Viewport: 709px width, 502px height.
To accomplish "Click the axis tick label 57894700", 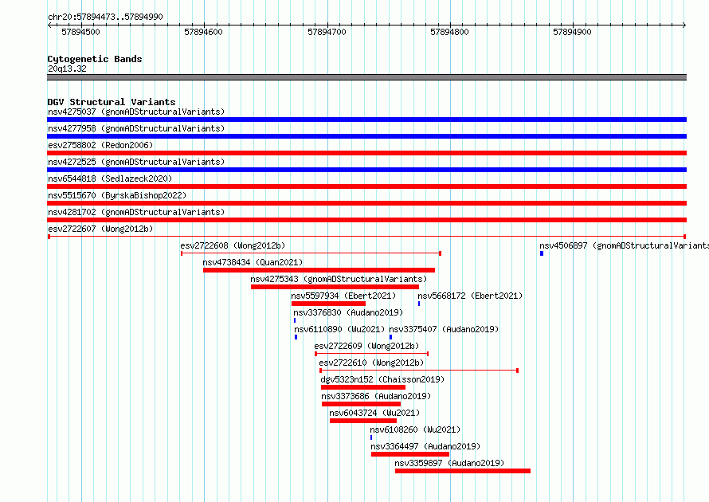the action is coord(327,32).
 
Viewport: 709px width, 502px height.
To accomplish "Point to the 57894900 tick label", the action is coord(572,32).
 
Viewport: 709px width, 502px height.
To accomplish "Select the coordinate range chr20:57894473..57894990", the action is coord(105,17).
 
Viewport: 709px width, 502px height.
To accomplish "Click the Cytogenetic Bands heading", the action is coord(95,59).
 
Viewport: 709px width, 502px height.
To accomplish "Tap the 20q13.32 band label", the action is coord(67,69).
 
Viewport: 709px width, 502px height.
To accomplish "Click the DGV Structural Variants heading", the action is coord(112,102).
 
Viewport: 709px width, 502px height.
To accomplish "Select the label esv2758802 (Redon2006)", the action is coord(100,145).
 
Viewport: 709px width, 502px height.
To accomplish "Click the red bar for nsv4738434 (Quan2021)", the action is coord(319,270).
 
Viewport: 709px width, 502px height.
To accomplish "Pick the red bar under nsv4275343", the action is coord(335,287).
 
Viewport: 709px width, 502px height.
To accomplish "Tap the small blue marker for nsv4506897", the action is coord(542,253).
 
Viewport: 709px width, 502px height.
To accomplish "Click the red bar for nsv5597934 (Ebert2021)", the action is coord(328,304).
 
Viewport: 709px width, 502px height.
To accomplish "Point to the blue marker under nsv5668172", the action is coord(419,304).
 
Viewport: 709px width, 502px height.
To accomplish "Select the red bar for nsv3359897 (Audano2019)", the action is coord(463,471).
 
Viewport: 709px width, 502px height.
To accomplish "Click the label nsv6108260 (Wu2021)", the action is coord(415,429).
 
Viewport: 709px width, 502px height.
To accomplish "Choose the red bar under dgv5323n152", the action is coord(363,387).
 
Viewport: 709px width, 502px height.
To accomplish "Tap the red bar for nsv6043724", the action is coord(363,421).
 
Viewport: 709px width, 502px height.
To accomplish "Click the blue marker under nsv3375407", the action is coord(390,337).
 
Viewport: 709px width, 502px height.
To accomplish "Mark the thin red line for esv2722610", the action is coord(419,371).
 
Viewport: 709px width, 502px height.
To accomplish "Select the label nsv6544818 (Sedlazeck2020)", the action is coord(110,178).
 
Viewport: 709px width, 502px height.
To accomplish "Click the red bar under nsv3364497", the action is coord(410,454).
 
